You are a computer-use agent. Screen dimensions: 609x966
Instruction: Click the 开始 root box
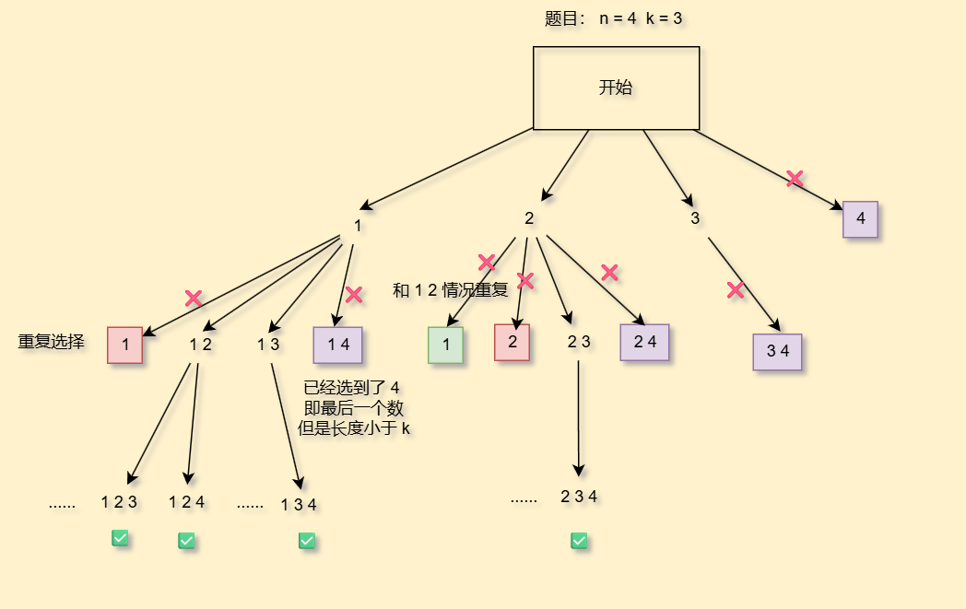(616, 88)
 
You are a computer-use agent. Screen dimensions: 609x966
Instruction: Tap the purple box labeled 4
(860, 219)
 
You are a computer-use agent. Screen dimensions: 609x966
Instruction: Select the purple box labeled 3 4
(777, 352)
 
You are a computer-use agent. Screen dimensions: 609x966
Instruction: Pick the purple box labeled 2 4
(644, 342)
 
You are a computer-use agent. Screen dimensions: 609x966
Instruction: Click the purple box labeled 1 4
(337, 345)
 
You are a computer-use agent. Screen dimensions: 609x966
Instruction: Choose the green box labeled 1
(445, 345)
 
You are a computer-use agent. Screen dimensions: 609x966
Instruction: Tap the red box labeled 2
(512, 342)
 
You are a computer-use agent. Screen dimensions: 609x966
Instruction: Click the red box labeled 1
(124, 345)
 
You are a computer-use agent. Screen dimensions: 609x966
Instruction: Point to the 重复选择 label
(52, 342)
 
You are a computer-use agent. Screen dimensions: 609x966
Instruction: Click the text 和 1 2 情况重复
(450, 290)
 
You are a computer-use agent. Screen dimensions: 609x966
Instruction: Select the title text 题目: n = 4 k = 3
(613, 18)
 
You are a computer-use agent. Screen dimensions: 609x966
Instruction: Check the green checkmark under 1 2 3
(120, 538)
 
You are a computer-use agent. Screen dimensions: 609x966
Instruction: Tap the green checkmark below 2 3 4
(579, 541)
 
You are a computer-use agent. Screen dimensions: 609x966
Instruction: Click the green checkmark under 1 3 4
(307, 541)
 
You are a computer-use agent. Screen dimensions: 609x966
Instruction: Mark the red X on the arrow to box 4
(795, 179)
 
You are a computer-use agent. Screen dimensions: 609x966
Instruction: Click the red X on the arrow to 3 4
(736, 290)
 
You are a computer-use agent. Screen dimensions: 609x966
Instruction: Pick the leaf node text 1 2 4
(186, 502)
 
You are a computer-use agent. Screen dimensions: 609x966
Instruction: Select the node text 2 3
(579, 342)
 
